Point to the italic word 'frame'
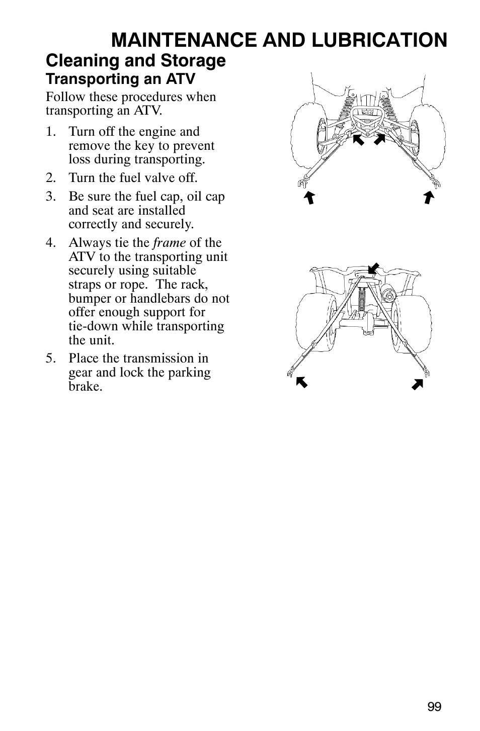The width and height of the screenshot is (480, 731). (x=170, y=243)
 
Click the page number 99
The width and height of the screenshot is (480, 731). (x=435, y=707)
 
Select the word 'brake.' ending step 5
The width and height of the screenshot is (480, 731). (x=85, y=387)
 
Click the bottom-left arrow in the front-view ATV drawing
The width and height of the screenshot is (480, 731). (x=309, y=198)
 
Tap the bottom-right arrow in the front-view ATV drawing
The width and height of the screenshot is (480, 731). (x=428, y=197)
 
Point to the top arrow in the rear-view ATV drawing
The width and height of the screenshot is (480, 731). (x=373, y=269)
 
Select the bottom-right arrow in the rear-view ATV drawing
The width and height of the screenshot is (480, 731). (x=417, y=385)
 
